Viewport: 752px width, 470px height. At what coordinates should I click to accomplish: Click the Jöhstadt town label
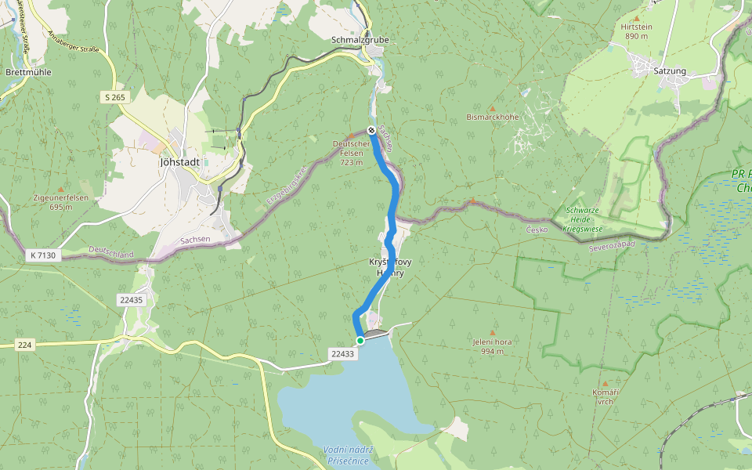[x=179, y=162]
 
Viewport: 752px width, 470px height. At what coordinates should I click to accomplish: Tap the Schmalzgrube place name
[x=360, y=40]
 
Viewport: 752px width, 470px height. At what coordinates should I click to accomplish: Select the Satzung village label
[x=669, y=71]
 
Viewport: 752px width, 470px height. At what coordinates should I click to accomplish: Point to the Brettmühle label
[x=28, y=72]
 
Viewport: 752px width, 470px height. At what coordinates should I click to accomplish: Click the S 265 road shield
[x=114, y=97]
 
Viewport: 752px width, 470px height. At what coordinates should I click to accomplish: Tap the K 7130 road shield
[x=42, y=255]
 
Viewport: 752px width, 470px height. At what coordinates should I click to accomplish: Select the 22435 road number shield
[x=131, y=300]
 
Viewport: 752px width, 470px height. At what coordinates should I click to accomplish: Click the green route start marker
[x=360, y=340]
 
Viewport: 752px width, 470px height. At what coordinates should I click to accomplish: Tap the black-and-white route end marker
[x=371, y=130]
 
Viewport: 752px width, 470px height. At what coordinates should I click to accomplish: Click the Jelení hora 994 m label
[x=492, y=346]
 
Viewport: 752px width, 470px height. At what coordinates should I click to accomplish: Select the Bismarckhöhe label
[x=493, y=117]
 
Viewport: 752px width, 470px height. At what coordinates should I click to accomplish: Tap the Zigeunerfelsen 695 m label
[x=60, y=202]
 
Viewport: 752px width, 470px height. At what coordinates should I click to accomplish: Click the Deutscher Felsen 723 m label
[x=351, y=153]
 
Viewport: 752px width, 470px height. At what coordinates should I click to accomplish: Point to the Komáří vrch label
[x=606, y=396]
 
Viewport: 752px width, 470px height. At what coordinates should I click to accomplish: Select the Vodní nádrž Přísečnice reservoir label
[x=348, y=455]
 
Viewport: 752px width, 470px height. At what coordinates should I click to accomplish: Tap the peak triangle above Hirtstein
[x=636, y=17]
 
